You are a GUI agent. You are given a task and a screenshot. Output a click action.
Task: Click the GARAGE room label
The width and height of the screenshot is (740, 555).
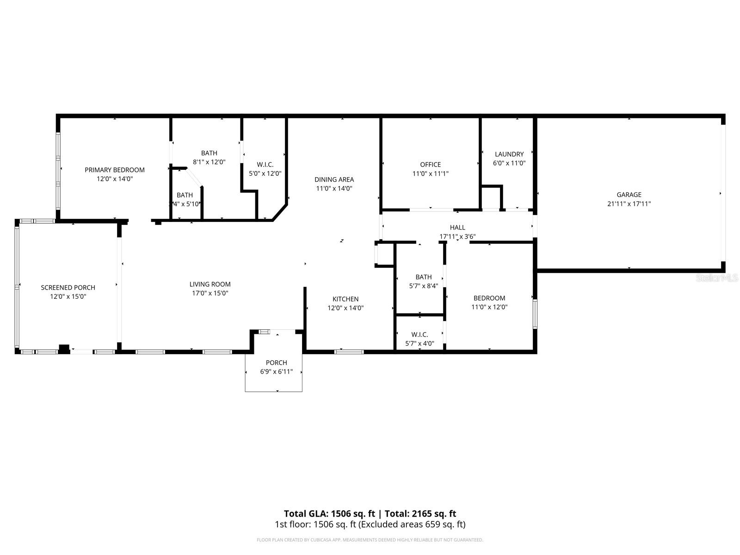[629, 195]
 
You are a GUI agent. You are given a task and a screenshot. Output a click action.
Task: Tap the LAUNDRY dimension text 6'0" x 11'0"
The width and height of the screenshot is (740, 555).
[509, 163]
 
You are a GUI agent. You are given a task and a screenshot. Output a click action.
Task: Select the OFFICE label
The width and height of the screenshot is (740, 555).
[430, 165]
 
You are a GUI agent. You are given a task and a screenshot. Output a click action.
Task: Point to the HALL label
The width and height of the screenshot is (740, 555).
[457, 228]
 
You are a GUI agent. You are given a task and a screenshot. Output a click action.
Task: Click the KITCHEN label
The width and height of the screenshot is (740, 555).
[345, 299]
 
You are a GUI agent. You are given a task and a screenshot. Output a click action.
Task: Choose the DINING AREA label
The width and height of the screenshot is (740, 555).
[334, 179]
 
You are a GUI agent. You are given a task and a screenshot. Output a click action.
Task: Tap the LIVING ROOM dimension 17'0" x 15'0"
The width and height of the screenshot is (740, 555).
[210, 293]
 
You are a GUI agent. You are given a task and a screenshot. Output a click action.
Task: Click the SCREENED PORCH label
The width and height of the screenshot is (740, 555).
[68, 288]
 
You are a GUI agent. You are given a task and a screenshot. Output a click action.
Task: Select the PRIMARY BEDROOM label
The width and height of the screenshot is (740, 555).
[115, 170]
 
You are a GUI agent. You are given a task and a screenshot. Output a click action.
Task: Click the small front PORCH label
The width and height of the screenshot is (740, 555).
[276, 363]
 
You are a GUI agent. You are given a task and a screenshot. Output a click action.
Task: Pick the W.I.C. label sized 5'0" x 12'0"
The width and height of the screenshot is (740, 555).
[265, 165]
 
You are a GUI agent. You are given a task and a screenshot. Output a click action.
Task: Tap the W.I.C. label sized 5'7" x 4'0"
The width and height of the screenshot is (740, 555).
[419, 334]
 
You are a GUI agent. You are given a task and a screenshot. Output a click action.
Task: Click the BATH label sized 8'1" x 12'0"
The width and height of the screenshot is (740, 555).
[209, 153]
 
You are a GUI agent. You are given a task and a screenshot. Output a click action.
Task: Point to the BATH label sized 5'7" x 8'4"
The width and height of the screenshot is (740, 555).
[423, 277]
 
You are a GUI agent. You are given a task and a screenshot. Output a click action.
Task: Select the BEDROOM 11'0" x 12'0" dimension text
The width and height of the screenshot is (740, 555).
[489, 307]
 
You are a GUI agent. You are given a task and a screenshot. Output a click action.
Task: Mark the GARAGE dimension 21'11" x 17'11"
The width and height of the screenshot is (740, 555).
[629, 203]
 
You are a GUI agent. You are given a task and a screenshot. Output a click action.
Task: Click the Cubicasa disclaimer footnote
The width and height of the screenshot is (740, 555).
[370, 540]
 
